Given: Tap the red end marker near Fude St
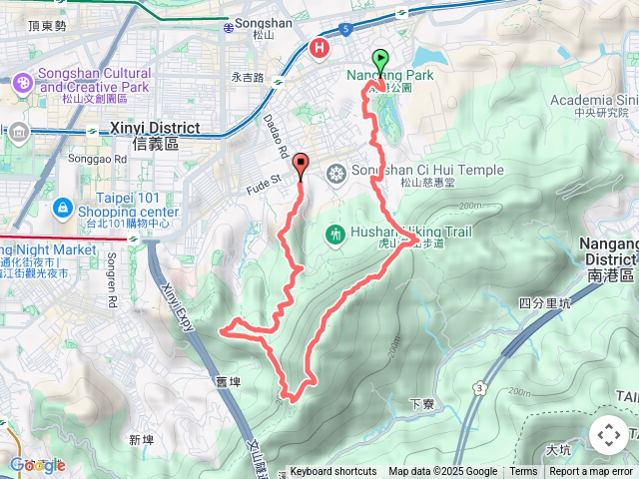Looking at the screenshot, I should [x=301, y=166].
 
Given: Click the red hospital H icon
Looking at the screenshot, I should [x=319, y=47].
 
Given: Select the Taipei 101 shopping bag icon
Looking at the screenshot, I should [x=62, y=207].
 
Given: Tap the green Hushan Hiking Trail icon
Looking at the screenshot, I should [x=335, y=234].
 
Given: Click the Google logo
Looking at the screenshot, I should [x=37, y=465].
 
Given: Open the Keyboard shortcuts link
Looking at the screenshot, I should [x=332, y=472].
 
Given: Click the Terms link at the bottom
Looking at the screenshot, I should [x=523, y=472].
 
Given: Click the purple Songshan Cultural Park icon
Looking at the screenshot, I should [x=22, y=84].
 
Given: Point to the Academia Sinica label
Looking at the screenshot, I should [x=595, y=100].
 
